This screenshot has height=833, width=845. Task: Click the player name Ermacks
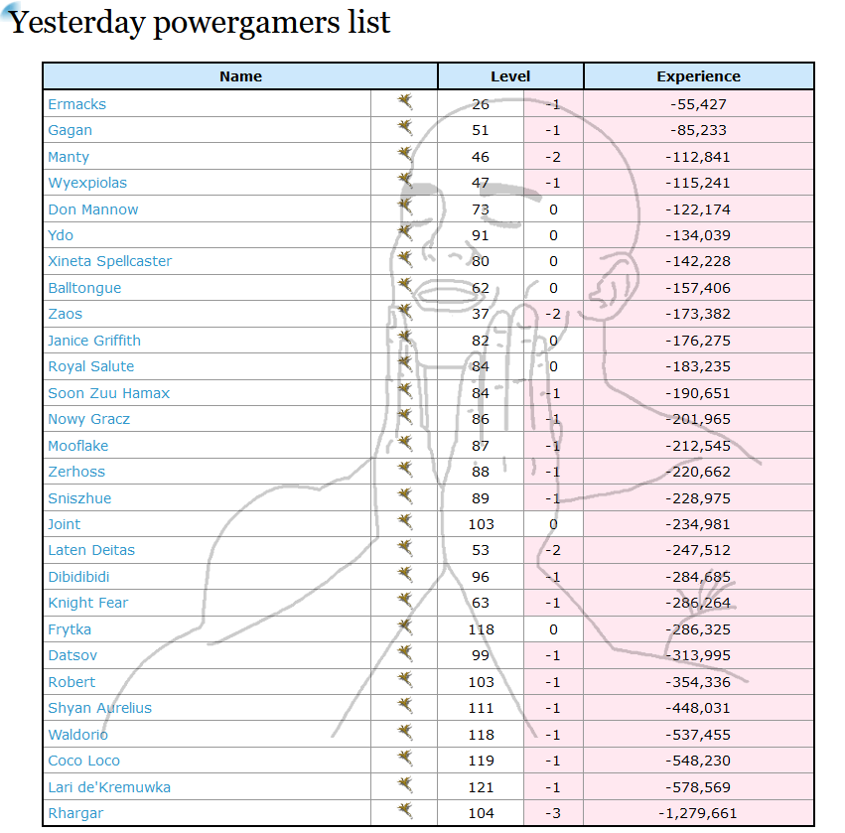pyautogui.click(x=76, y=104)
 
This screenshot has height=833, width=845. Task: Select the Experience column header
pyautogui.click(x=698, y=76)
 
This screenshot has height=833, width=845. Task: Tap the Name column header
pyautogui.click(x=240, y=76)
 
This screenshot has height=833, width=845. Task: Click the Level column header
pyautogui.click(x=510, y=76)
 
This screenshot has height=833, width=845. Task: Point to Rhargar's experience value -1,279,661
pyautogui.click(x=698, y=813)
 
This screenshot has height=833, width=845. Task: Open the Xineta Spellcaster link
pyautogui.click(x=109, y=261)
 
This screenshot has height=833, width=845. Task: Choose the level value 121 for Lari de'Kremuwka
pyautogui.click(x=481, y=787)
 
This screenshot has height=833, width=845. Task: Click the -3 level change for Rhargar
pyautogui.click(x=553, y=813)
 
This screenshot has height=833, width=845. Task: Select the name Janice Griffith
pyautogui.click(x=94, y=341)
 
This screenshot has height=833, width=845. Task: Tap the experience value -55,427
pyautogui.click(x=698, y=104)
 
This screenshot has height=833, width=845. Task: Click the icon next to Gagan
pyautogui.click(x=405, y=128)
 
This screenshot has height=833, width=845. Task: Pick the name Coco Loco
pyautogui.click(x=83, y=761)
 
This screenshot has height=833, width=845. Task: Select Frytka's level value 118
pyautogui.click(x=481, y=629)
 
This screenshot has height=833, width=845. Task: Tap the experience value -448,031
pyautogui.click(x=698, y=708)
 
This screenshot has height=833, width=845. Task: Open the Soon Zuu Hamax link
pyautogui.click(x=108, y=393)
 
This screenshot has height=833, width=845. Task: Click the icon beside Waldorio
pyautogui.click(x=405, y=733)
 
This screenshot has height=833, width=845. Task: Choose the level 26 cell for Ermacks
pyautogui.click(x=481, y=104)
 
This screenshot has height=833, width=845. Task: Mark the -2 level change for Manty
pyautogui.click(x=553, y=157)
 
